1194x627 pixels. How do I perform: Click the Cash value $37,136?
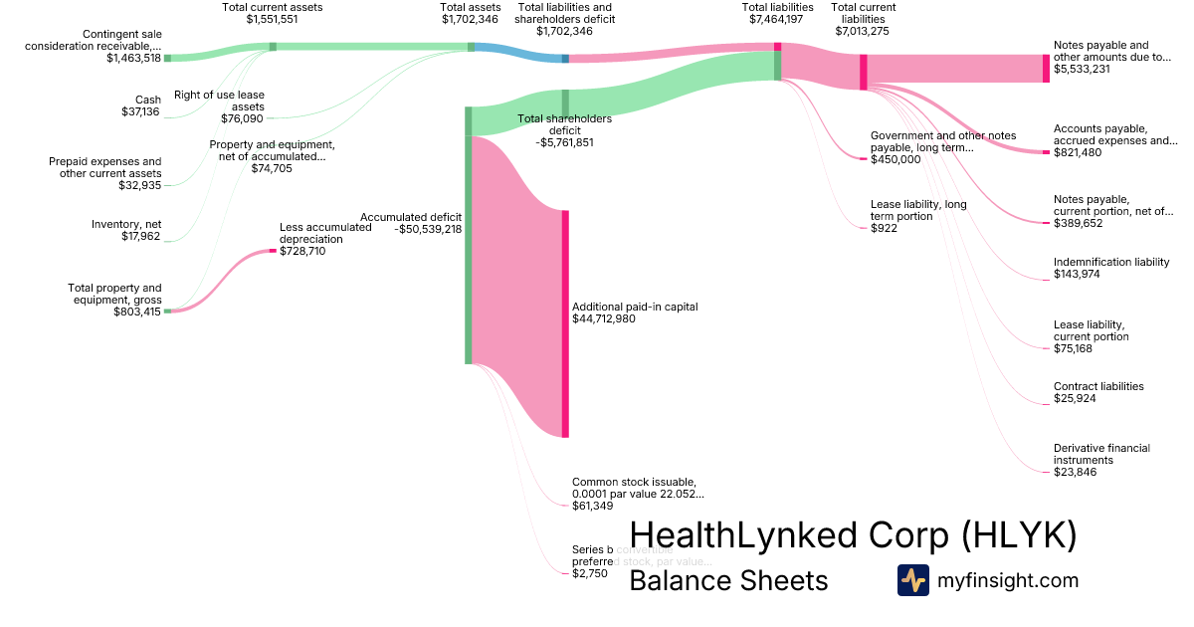pos(140,111)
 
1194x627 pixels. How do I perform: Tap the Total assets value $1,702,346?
pos(470,18)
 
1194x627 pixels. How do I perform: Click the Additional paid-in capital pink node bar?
pos(565,323)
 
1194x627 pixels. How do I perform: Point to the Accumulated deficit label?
pos(411,216)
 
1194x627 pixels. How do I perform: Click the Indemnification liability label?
pos(1111,263)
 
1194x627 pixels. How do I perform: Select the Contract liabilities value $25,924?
pos(1076,398)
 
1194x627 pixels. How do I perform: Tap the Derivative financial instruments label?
pos(1101,454)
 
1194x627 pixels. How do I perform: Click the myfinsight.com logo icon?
pos(912,580)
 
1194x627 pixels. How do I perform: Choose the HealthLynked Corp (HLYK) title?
pos(853,535)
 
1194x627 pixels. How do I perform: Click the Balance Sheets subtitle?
pos(728,580)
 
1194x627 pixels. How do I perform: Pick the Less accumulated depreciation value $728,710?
pos(302,251)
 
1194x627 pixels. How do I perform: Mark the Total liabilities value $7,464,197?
pos(777,18)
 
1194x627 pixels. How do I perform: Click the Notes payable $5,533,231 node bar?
pos(1046,68)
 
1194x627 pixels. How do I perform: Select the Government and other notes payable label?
pos(941,141)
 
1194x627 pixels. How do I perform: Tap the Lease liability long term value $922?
pos(884,229)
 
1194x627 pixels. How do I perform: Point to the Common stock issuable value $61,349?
pos(592,506)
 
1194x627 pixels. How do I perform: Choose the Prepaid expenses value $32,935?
pos(138,185)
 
